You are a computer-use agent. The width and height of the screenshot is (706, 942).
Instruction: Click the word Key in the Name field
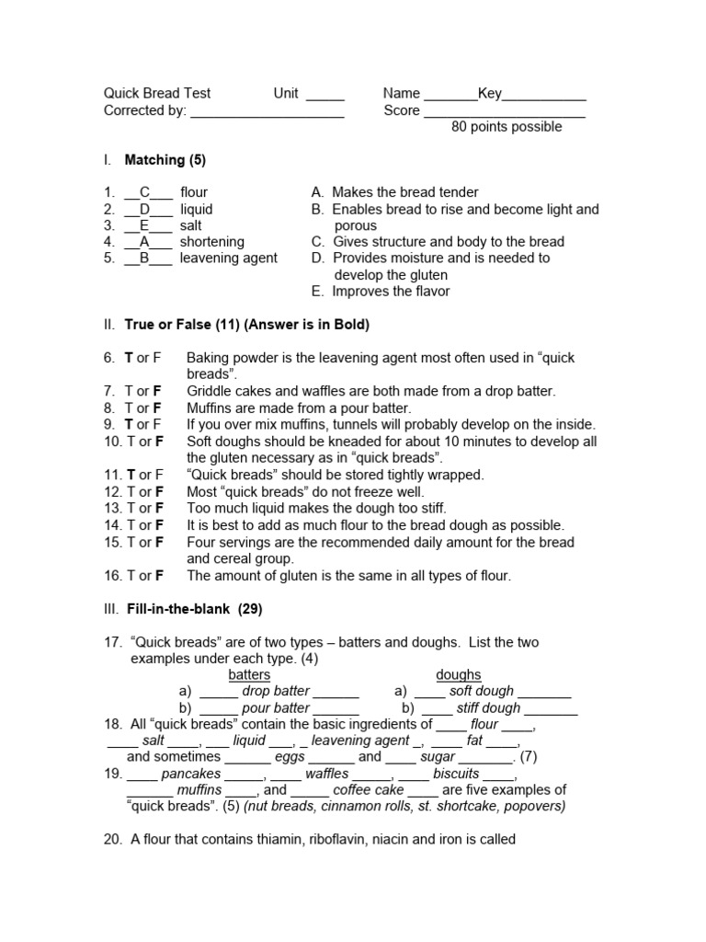(x=490, y=94)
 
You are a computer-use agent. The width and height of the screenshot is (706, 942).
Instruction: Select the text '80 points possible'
(x=507, y=127)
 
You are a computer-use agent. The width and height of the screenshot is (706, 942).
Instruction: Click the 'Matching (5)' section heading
(x=165, y=160)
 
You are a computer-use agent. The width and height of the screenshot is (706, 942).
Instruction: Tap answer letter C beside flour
(x=144, y=193)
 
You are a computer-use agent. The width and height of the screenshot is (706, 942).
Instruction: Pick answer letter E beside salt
(x=144, y=225)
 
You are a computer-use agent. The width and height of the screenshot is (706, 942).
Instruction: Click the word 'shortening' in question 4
(x=212, y=242)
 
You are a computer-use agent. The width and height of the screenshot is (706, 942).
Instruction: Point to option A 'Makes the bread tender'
(x=395, y=193)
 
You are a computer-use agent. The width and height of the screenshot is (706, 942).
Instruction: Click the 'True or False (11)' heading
(x=169, y=325)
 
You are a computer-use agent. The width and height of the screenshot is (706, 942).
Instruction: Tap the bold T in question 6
(x=130, y=358)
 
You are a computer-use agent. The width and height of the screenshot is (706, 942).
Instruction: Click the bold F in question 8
(x=157, y=408)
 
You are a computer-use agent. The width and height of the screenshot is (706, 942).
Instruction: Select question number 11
(x=113, y=476)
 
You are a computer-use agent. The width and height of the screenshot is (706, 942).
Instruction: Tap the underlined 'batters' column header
(x=249, y=675)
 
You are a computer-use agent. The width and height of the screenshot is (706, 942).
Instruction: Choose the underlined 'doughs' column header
(x=459, y=675)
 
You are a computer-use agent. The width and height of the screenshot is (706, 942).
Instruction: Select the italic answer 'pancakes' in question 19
(x=190, y=775)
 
